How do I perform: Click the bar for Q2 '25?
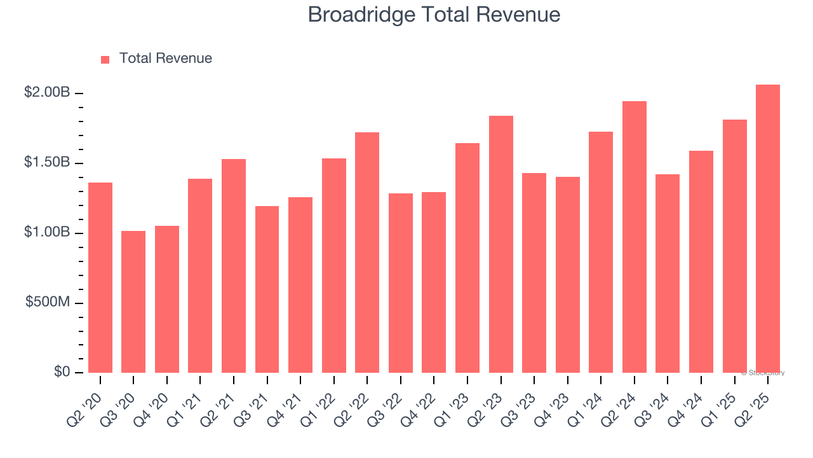768,229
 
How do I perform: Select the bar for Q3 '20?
133,302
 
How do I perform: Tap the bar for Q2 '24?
635,237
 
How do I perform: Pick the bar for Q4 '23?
568,275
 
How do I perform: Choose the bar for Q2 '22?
367,253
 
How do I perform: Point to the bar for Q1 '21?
200,275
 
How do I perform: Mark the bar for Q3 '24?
668,274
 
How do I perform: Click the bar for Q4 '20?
167,299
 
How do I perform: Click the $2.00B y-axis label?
47,93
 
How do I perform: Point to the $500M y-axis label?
47,302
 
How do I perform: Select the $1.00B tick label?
47,233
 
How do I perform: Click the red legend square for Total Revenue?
105,60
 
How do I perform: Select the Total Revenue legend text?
165,59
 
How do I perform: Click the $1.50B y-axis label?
47,163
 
